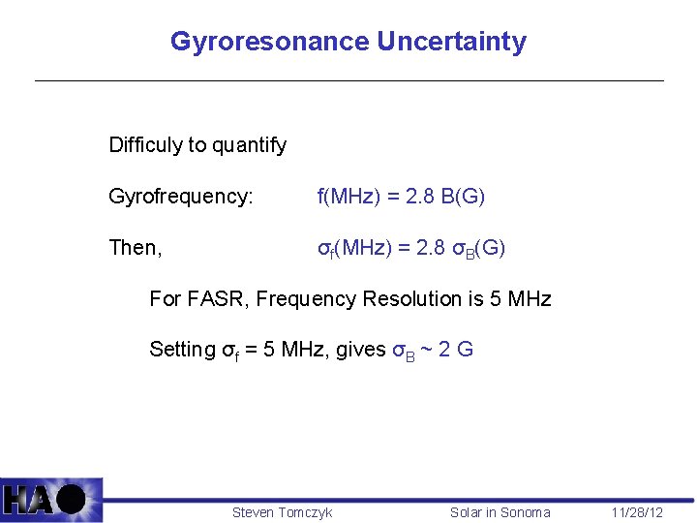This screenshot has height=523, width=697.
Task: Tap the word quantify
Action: click(249, 146)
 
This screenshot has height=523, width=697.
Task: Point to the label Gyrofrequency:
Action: click(181, 197)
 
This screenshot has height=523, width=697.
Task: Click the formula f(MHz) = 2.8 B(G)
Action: click(401, 197)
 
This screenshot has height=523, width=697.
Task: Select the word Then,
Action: click(136, 248)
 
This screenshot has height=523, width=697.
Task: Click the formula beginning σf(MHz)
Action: click(411, 249)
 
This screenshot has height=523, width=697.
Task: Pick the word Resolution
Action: click(413, 299)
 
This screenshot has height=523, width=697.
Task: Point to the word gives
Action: click(360, 350)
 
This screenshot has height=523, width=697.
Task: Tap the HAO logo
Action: click(51, 500)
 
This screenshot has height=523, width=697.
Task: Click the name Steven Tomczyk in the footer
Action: click(282, 512)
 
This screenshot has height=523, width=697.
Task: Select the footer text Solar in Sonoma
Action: click(500, 512)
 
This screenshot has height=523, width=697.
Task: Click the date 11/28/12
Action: click(637, 512)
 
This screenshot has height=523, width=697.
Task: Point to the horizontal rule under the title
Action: click(348, 80)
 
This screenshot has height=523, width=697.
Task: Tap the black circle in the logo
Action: click(71, 500)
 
